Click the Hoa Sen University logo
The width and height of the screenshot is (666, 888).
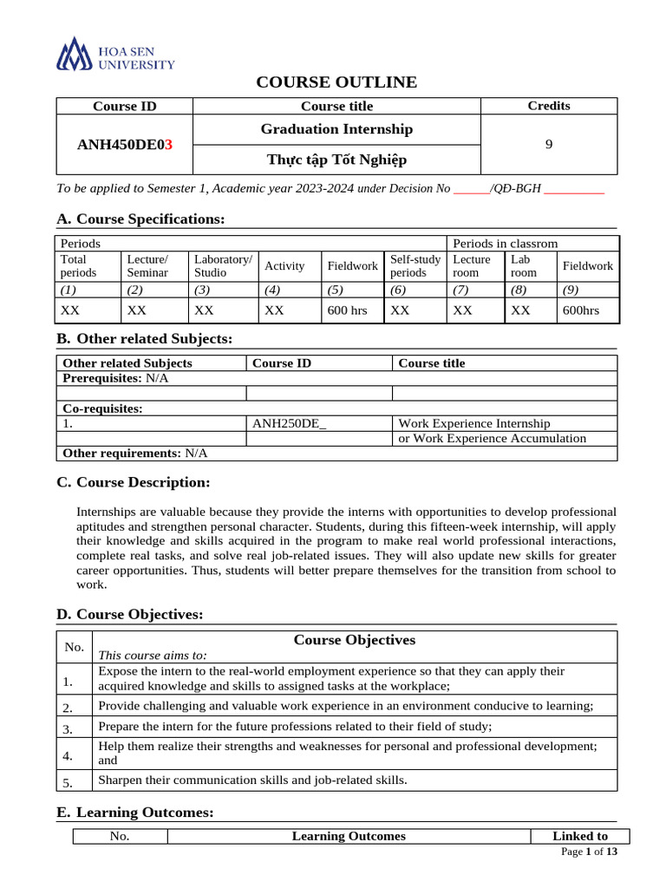point(115,54)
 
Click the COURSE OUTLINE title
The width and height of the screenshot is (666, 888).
point(336,82)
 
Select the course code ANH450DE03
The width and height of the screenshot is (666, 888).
point(125,144)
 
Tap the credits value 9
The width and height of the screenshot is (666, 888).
point(548,145)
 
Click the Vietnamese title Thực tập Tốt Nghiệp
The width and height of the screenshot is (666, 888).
point(336,160)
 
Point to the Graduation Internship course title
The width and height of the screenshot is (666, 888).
point(336,129)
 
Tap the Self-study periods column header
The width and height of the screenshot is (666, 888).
point(415,265)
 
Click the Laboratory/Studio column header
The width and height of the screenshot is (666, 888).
point(223,265)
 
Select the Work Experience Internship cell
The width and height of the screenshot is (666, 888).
point(473,423)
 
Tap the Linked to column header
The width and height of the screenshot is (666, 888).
point(579,836)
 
